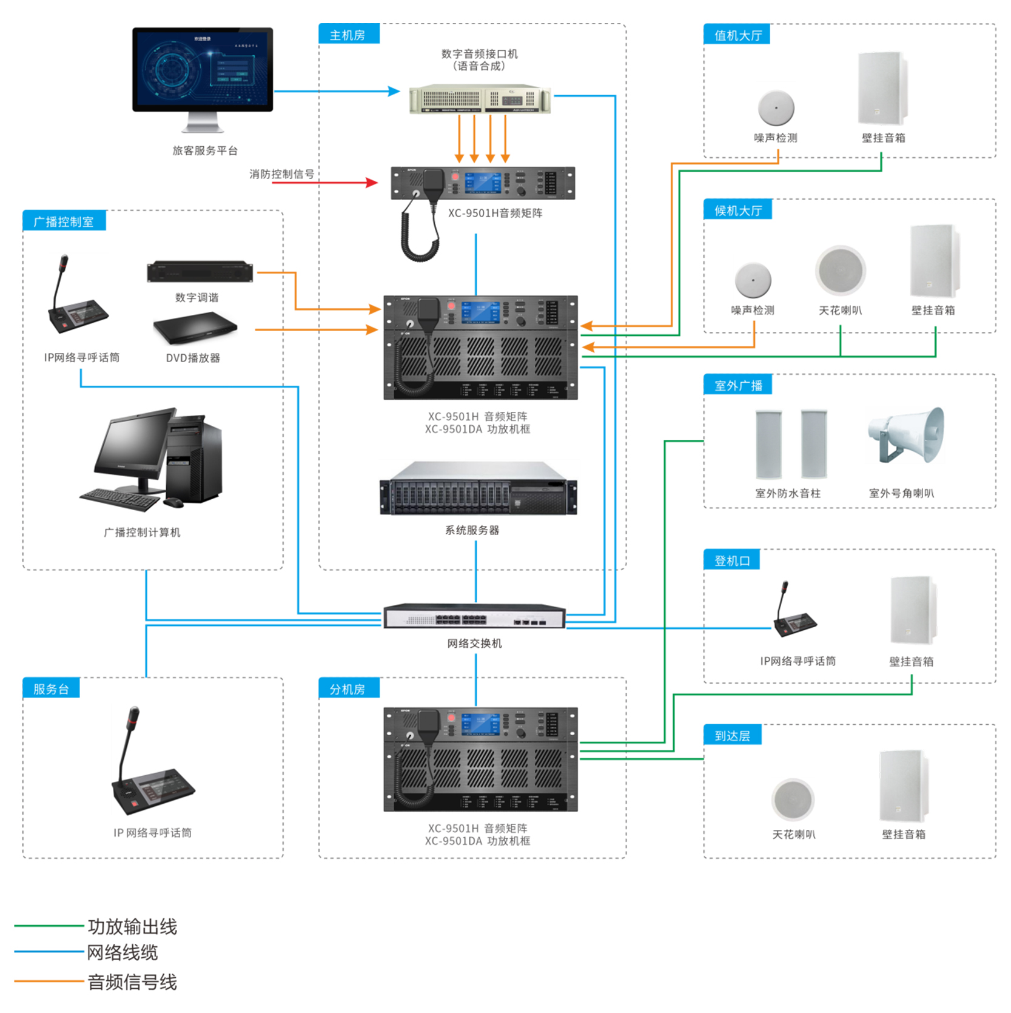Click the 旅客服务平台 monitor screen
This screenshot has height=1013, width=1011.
(203, 68)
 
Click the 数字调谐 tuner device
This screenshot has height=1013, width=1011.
(200, 272)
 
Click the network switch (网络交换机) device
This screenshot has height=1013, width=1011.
(474, 616)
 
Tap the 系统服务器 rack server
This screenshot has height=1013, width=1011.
(478, 488)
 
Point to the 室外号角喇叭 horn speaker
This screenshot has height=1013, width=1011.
(907, 434)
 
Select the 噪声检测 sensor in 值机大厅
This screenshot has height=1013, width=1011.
(776, 108)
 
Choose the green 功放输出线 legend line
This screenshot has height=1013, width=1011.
(49, 926)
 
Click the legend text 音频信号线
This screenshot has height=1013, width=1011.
(132, 981)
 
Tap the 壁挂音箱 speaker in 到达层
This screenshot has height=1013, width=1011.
(903, 786)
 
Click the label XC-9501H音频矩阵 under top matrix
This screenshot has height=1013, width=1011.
(495, 213)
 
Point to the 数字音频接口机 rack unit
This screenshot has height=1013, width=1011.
(479, 98)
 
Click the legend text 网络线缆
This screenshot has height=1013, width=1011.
(123, 952)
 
